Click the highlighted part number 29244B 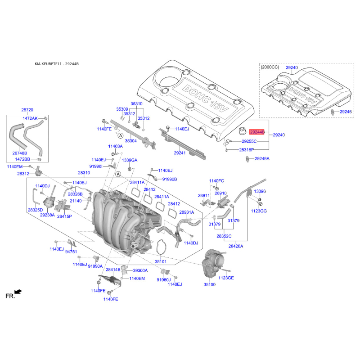point(257,132)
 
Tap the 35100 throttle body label point(209,284)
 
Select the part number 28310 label point(84,173)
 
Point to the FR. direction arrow point(18,292)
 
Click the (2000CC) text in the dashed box point(270,67)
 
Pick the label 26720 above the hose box point(27,110)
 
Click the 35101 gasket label point(161,261)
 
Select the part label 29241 point(180,153)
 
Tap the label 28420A point(236,246)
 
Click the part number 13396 point(260,191)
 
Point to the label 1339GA point(130,160)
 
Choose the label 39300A point(140,270)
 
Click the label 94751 point(71,252)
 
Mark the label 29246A point(262,159)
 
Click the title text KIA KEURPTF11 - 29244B point(57,64)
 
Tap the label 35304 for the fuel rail point(130,141)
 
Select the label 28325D point(36,210)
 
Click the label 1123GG point(259,211)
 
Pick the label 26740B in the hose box point(20,153)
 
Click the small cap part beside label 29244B point(242,131)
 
